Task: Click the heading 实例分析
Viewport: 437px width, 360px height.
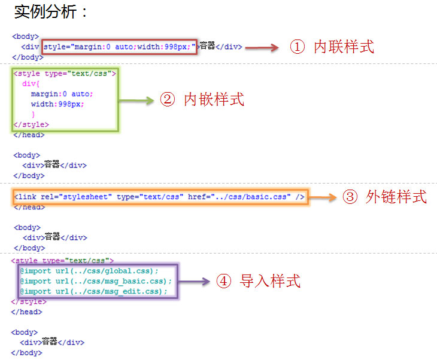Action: click(x=51, y=11)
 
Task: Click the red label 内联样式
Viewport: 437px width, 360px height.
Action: click(x=344, y=47)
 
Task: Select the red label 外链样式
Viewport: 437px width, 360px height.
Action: click(x=396, y=197)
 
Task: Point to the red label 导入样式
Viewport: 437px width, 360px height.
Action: click(x=270, y=280)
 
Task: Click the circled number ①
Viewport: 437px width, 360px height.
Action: click(x=298, y=47)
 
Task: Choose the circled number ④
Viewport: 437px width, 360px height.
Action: click(x=223, y=281)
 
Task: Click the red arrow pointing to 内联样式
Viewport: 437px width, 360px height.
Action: click(x=262, y=47)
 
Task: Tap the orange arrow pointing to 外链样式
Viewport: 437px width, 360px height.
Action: click(x=323, y=197)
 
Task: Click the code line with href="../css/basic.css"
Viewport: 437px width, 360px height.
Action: click(x=159, y=197)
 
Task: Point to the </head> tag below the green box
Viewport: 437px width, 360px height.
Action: click(x=28, y=135)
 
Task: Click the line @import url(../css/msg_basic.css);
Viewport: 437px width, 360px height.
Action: click(x=95, y=281)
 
